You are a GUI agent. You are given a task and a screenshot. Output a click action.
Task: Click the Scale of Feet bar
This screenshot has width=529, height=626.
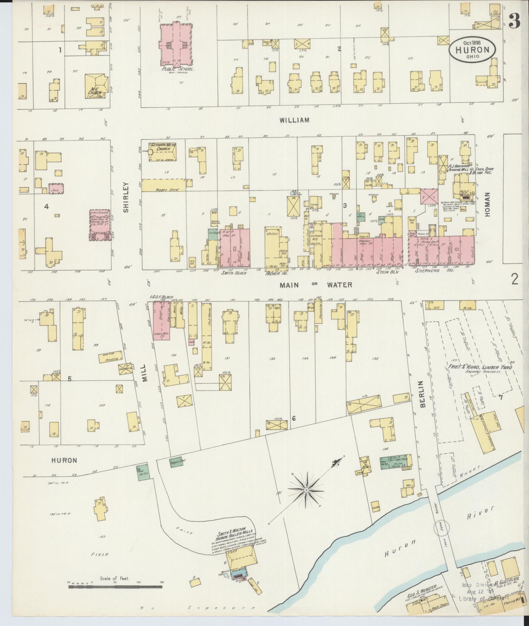[x=115, y=586]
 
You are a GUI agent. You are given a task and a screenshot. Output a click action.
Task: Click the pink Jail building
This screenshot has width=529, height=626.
[x=56, y=188]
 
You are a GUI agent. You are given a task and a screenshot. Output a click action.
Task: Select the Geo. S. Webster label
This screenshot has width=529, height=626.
[x=419, y=594]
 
